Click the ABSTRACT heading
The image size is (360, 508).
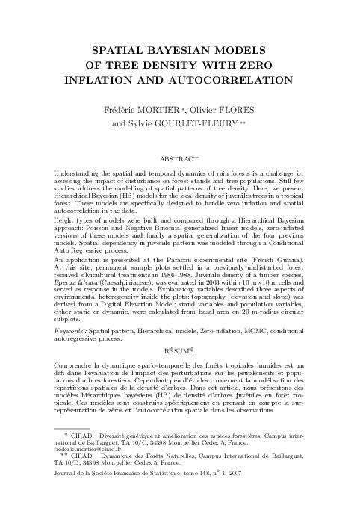click(179, 160)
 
